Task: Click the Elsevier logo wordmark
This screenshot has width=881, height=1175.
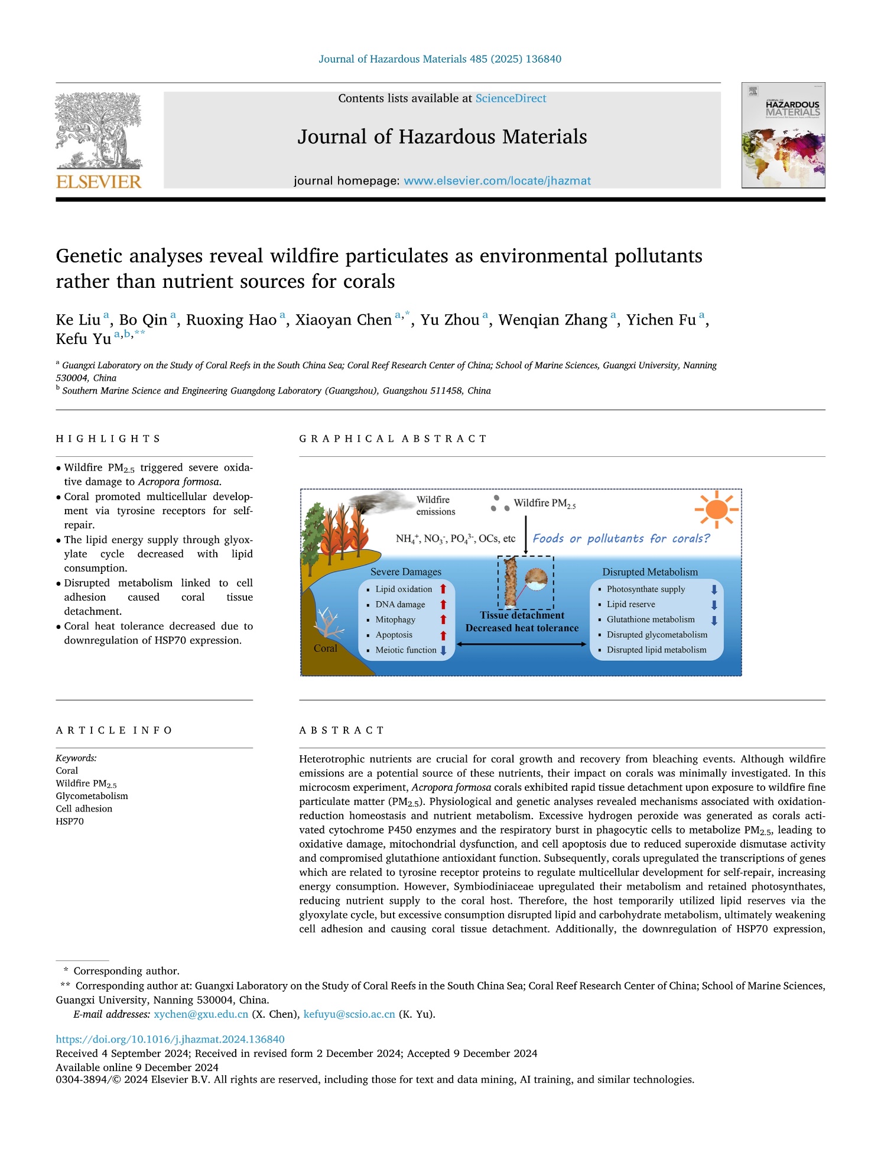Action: (99, 181)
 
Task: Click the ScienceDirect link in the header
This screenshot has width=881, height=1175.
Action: (511, 99)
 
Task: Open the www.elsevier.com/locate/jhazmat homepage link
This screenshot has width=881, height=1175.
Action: (497, 181)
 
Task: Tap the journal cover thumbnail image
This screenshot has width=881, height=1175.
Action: (783, 135)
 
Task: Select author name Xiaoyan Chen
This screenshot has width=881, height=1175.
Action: (343, 320)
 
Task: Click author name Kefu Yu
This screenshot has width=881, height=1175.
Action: (83, 339)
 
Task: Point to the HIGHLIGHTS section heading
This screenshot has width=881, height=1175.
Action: (108, 439)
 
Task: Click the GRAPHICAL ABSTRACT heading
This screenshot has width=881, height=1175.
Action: (393, 439)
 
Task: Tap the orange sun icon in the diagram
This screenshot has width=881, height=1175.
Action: (716, 509)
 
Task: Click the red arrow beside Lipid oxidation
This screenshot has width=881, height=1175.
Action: (443, 589)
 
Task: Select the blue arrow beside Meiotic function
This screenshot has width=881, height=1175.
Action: (443, 651)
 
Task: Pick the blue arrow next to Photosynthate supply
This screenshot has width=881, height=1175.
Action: (714, 589)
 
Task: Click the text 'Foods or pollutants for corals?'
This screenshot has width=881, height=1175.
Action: (621, 538)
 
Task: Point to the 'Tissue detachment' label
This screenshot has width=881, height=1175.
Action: (522, 615)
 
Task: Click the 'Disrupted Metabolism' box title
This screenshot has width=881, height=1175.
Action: (650, 572)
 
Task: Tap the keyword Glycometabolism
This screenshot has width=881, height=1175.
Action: (92, 796)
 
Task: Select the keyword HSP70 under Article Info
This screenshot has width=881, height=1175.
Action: (70, 822)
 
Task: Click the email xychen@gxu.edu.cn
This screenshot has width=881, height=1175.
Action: (201, 1014)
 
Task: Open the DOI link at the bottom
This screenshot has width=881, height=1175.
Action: (170, 1039)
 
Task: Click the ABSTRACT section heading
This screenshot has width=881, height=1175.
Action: (342, 731)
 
